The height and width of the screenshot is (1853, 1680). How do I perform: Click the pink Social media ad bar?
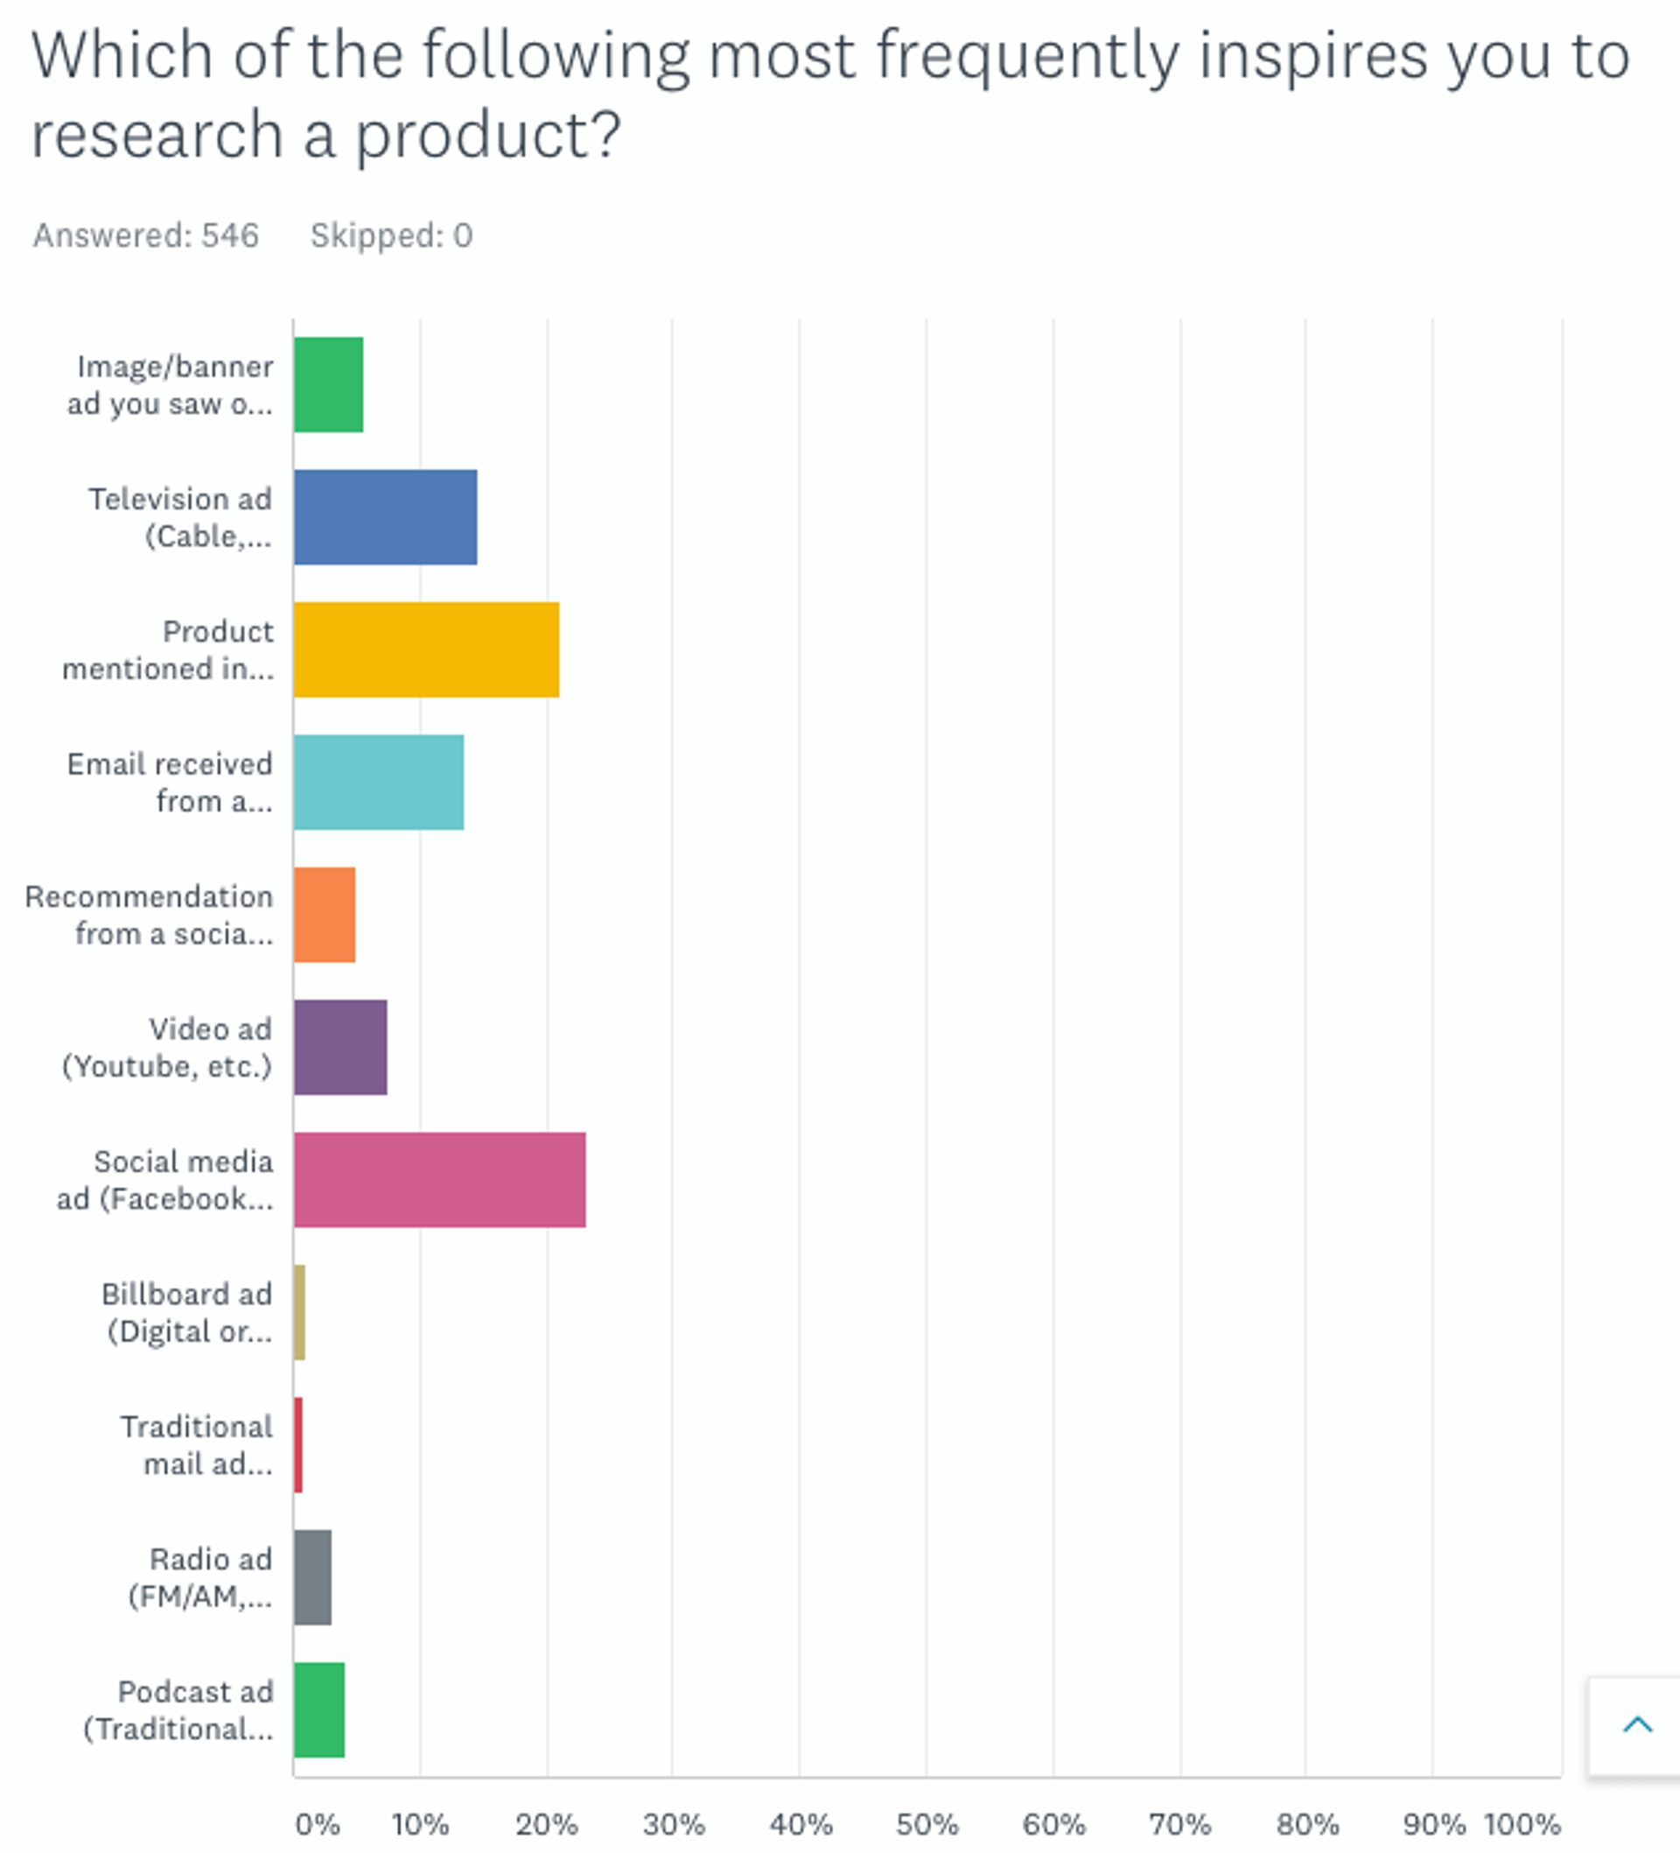[x=439, y=1179]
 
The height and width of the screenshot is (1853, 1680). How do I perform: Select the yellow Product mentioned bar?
[x=426, y=649]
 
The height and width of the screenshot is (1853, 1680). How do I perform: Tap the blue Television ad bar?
[x=385, y=516]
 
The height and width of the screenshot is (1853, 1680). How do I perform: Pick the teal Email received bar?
[x=379, y=783]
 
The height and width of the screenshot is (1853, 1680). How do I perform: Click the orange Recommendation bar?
[x=325, y=915]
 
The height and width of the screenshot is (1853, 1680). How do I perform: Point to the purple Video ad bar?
[x=340, y=1047]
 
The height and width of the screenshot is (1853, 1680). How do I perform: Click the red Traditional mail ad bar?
[x=298, y=1444]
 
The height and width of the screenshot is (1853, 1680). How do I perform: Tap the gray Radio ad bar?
[x=312, y=1577]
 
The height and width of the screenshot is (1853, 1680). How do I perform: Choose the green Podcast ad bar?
[x=318, y=1709]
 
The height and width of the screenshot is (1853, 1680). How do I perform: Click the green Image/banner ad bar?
[x=328, y=384]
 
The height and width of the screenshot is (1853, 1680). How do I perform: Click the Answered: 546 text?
[x=146, y=236]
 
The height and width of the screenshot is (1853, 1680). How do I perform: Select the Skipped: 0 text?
[x=391, y=236]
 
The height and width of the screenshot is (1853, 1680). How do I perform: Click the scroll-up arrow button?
[x=1637, y=1724]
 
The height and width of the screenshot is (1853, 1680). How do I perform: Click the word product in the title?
[x=487, y=135]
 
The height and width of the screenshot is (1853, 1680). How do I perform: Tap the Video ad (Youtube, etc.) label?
[x=167, y=1047]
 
